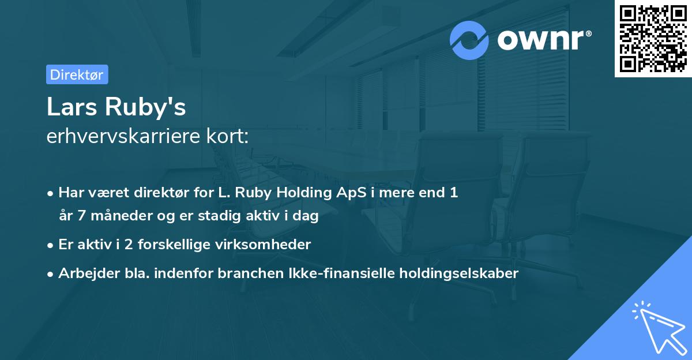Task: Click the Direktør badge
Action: tap(77, 74)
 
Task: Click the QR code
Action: tap(653, 39)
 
